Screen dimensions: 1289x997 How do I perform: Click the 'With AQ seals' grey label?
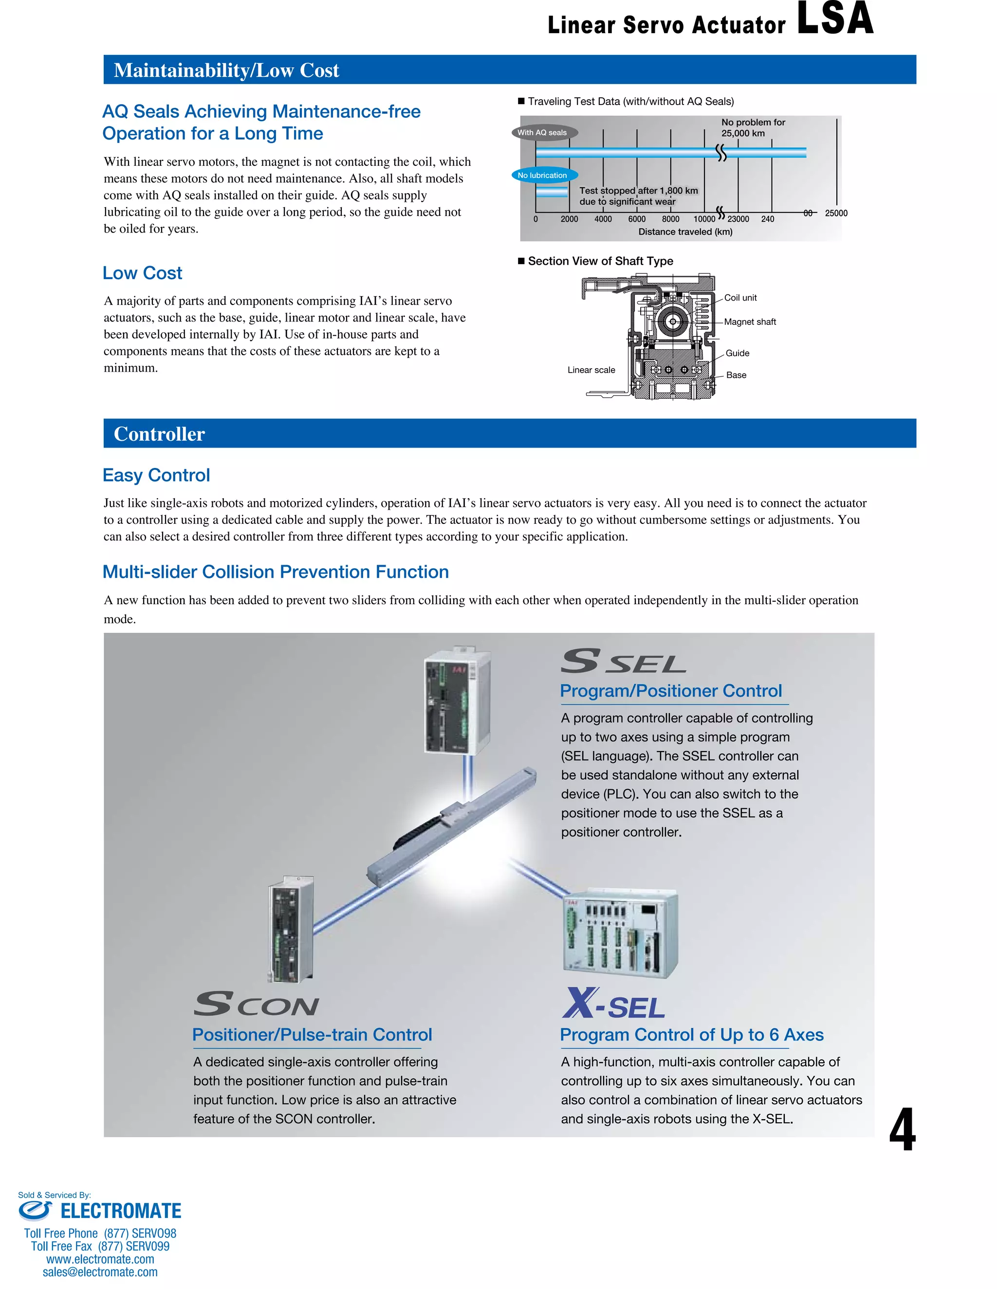tap(543, 132)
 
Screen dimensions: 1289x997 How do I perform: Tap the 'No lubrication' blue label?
tap(543, 175)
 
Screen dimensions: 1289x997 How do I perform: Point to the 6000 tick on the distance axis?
tap(637, 219)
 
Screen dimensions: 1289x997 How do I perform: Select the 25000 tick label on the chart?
tap(836, 213)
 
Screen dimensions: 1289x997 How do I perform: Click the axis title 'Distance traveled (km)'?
tap(685, 232)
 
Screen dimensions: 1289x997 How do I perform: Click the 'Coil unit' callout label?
tap(740, 298)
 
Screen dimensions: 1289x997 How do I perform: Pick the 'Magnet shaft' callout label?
tap(750, 322)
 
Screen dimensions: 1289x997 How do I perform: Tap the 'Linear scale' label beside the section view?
tap(591, 370)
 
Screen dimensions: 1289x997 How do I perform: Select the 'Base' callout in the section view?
tap(736, 375)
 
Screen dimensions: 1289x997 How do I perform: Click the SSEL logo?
tap(623, 662)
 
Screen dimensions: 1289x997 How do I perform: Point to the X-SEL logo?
tap(614, 1004)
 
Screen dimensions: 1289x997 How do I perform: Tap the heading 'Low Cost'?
tap(142, 273)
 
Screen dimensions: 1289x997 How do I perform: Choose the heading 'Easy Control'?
tap(156, 475)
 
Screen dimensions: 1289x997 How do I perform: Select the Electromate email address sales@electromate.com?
tap(100, 1272)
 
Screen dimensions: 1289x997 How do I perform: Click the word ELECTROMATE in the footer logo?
tap(121, 1211)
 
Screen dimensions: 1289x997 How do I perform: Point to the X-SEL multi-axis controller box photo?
tap(620, 934)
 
